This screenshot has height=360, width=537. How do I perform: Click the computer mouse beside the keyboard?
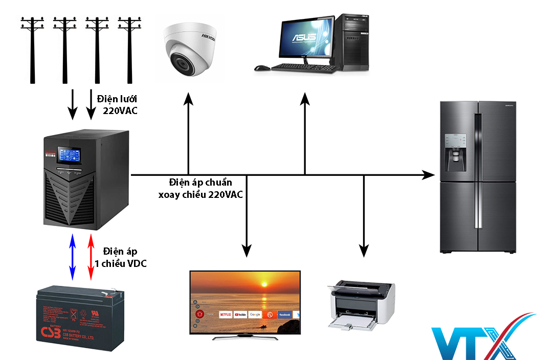[262, 67]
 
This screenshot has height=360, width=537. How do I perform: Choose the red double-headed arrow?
[91, 257]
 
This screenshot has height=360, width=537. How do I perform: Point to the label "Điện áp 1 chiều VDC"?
[121, 257]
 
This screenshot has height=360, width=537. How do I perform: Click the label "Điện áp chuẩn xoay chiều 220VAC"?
[200, 189]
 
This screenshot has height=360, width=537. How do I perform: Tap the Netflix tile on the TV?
[226, 314]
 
